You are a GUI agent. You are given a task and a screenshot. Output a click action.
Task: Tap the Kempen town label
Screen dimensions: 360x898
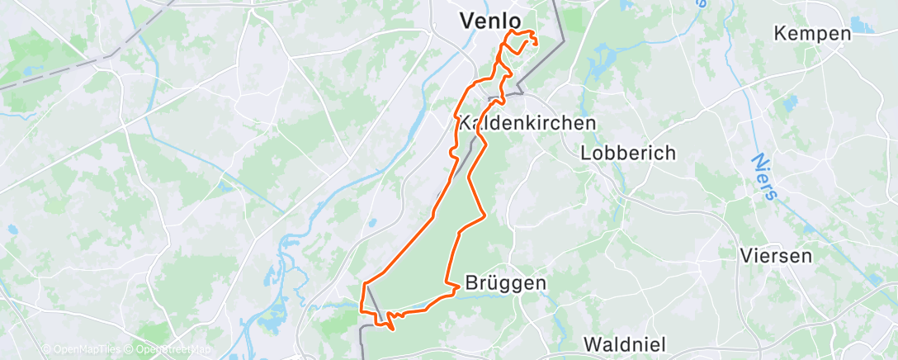tap(812, 34)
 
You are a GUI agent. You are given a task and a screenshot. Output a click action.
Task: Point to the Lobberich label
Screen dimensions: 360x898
tap(628, 153)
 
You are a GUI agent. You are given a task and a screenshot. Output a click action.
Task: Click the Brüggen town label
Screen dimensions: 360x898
tap(506, 283)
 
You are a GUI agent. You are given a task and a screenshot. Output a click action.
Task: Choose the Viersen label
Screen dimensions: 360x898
tap(776, 255)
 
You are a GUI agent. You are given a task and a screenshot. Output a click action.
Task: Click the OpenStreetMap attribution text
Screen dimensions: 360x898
tap(170, 350)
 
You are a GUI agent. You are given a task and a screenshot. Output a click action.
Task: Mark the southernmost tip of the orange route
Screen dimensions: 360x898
tap(392, 329)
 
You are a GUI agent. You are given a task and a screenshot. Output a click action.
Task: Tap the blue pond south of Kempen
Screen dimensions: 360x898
tap(790, 104)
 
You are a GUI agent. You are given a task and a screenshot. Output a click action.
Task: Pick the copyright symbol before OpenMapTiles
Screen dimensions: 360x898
tap(46, 350)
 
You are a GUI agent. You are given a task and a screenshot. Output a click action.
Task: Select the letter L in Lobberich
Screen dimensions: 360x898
tap(586, 153)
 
